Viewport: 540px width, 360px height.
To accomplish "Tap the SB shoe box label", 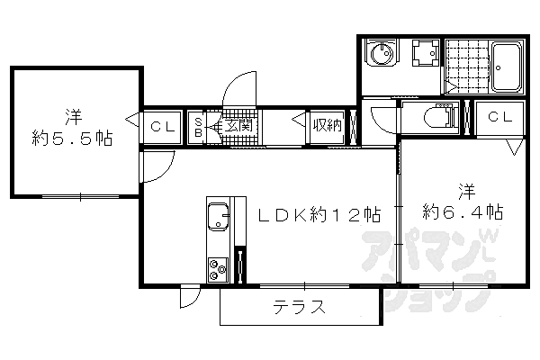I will (x=199, y=125).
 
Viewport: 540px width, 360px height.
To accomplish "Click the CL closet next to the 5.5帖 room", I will (x=163, y=126).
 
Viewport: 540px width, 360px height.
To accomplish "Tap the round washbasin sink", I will (x=381, y=55).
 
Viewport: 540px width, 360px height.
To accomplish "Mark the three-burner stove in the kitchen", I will (x=218, y=268).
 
